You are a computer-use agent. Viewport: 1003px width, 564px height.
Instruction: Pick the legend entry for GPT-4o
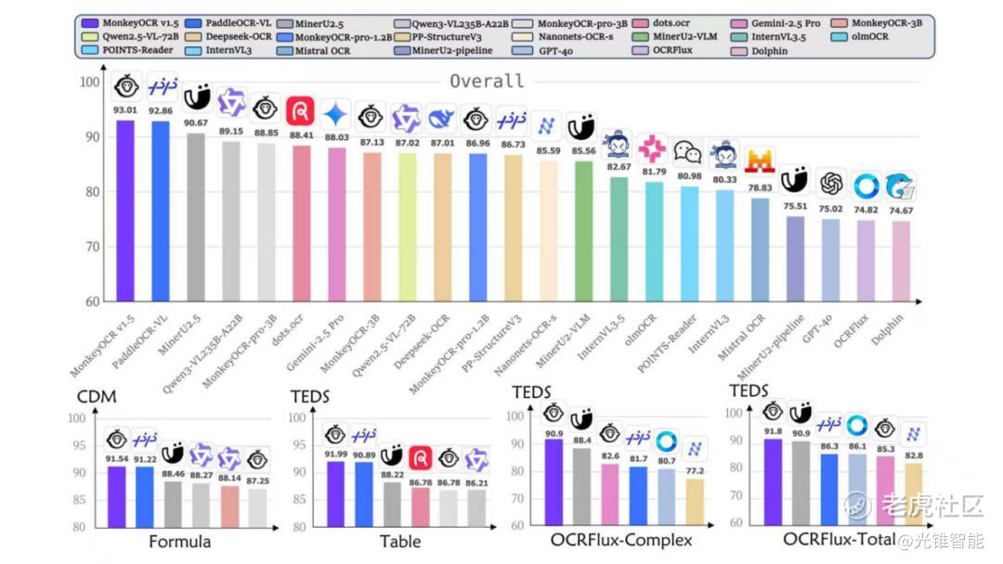point(554,50)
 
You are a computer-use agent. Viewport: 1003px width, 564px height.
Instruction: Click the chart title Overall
point(486,82)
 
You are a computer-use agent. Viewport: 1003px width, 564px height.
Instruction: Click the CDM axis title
point(97,397)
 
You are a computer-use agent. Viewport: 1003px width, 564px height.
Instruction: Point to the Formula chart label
point(180,541)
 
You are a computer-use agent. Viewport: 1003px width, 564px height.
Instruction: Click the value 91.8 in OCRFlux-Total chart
point(774,430)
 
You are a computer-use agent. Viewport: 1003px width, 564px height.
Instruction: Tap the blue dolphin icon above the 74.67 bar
point(899,186)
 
